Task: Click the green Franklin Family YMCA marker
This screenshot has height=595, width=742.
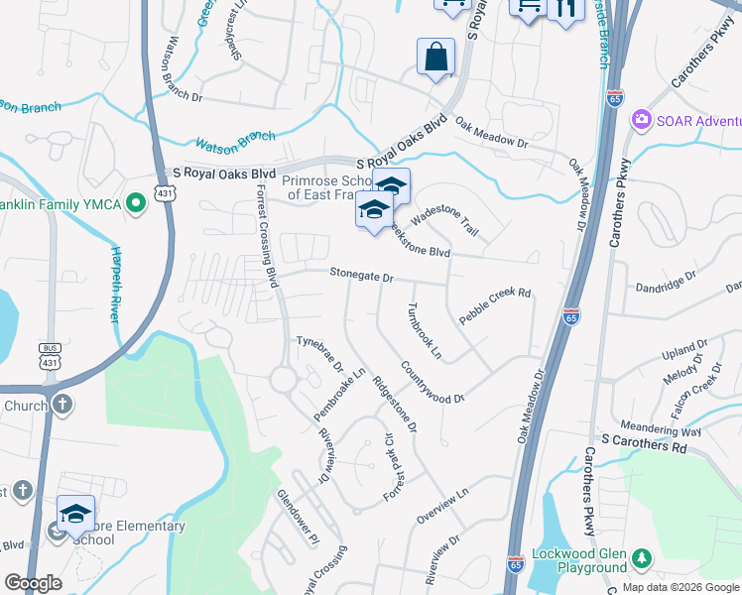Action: (136, 204)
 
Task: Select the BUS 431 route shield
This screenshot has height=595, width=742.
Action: (50, 353)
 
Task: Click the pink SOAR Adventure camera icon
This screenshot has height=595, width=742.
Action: (641, 120)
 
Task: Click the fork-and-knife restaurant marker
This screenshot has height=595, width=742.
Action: (565, 9)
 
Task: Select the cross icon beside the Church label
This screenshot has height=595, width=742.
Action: (62, 405)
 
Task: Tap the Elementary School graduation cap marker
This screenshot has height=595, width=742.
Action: (75, 514)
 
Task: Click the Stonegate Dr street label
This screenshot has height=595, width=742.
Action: (362, 279)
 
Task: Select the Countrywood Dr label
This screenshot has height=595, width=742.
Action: (433, 382)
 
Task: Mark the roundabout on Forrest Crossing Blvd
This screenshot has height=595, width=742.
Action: (285, 379)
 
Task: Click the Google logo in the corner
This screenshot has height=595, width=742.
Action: (33, 583)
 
